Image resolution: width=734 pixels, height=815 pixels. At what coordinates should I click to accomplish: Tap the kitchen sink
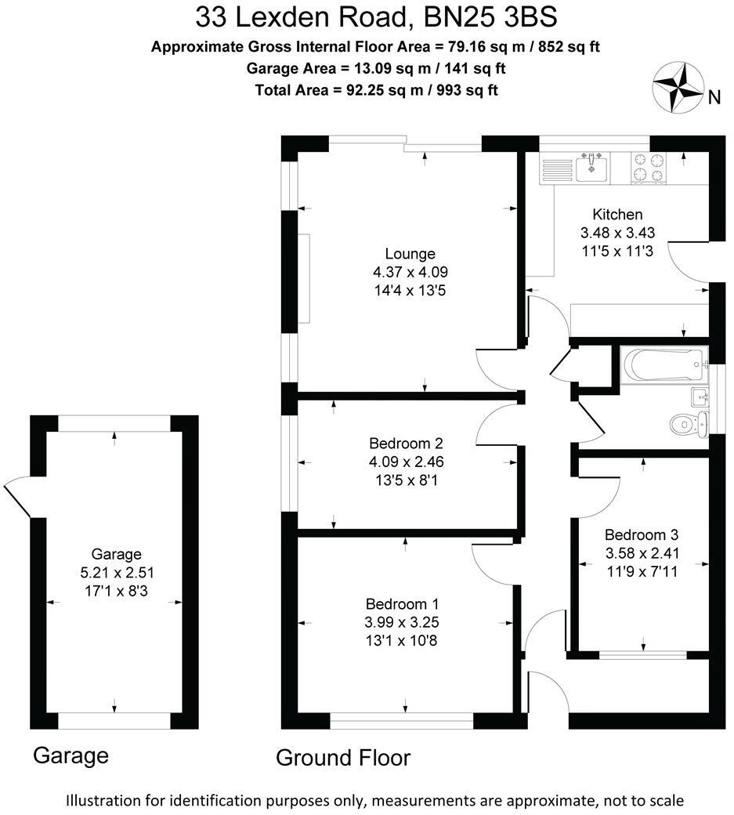pos(591,167)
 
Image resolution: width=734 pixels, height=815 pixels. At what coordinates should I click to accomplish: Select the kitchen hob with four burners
pos(649,167)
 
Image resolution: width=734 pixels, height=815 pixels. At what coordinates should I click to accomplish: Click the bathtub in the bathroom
pos(663,364)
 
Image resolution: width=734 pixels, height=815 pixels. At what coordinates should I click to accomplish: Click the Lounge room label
pos(410,254)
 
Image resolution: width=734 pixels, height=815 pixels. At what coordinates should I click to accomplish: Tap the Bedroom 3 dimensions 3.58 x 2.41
pos(641,553)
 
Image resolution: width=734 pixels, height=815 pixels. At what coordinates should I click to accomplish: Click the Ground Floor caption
pos(343,758)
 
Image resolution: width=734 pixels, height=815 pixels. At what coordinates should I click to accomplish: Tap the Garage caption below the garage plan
pos(71,756)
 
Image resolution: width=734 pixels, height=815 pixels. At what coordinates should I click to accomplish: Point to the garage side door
pos(17,498)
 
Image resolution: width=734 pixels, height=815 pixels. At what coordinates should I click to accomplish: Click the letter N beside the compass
pos(714,97)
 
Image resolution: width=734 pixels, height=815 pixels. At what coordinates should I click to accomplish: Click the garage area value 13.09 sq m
pos(400,68)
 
